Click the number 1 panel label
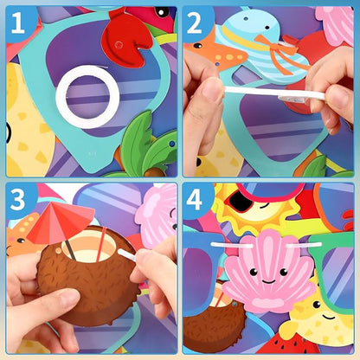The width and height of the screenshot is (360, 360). pos(18,23)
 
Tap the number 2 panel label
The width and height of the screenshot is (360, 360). pos(194,23)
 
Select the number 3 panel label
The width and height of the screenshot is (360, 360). pos(17,199)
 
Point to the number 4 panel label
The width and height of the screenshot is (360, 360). pos(194,199)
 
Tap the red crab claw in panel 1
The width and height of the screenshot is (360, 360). pos(126,38)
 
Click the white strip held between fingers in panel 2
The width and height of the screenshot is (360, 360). pos(274,93)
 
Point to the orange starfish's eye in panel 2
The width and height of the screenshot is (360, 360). pos(197,46)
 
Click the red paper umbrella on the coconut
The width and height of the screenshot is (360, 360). pos(59,222)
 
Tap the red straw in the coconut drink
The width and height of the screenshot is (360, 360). pos(101,245)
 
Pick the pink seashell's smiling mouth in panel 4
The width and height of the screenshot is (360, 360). pos(268,280)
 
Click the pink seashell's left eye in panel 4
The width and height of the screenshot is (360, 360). pos(254,272)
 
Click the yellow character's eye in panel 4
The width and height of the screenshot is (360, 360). pos(317,305)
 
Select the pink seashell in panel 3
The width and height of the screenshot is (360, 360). pos(158,215)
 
